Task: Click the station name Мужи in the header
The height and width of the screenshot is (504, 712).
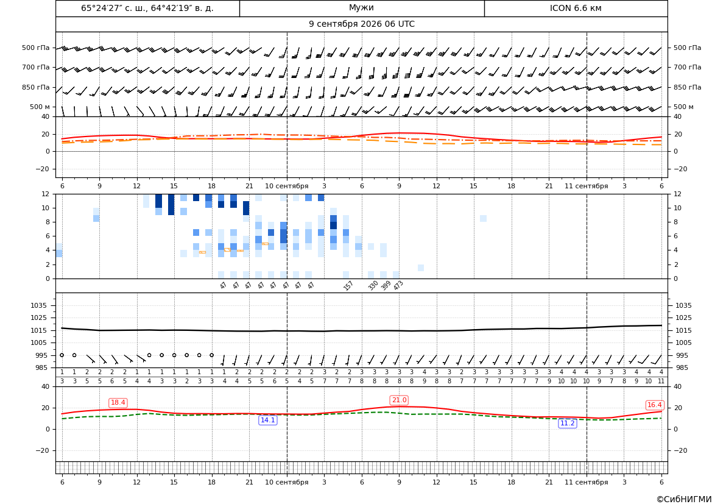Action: [361, 8]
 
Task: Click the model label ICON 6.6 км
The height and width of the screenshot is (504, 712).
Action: [576, 8]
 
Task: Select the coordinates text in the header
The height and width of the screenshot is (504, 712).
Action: [147, 8]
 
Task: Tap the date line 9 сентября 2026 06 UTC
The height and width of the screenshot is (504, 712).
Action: [361, 24]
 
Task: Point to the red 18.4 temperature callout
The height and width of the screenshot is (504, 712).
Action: [118, 403]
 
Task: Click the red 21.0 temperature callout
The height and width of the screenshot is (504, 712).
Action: [399, 400]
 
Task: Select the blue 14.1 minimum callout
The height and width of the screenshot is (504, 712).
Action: [267, 420]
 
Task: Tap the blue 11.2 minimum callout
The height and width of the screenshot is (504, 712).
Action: [567, 423]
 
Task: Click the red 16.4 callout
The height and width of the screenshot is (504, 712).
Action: [654, 405]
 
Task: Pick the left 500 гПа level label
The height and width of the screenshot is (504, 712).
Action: [35, 48]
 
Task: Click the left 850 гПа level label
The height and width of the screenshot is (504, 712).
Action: [35, 87]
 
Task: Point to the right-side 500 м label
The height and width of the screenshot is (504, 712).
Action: [683, 107]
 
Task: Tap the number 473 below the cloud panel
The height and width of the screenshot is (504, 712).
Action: [398, 285]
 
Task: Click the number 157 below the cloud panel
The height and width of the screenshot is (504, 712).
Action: [348, 285]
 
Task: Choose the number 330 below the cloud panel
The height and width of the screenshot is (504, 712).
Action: [373, 285]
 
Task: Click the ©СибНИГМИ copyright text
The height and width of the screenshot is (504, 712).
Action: [684, 499]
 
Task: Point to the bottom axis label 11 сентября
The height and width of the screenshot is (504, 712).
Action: [586, 482]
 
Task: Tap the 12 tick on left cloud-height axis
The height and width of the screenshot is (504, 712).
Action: [46, 194]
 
